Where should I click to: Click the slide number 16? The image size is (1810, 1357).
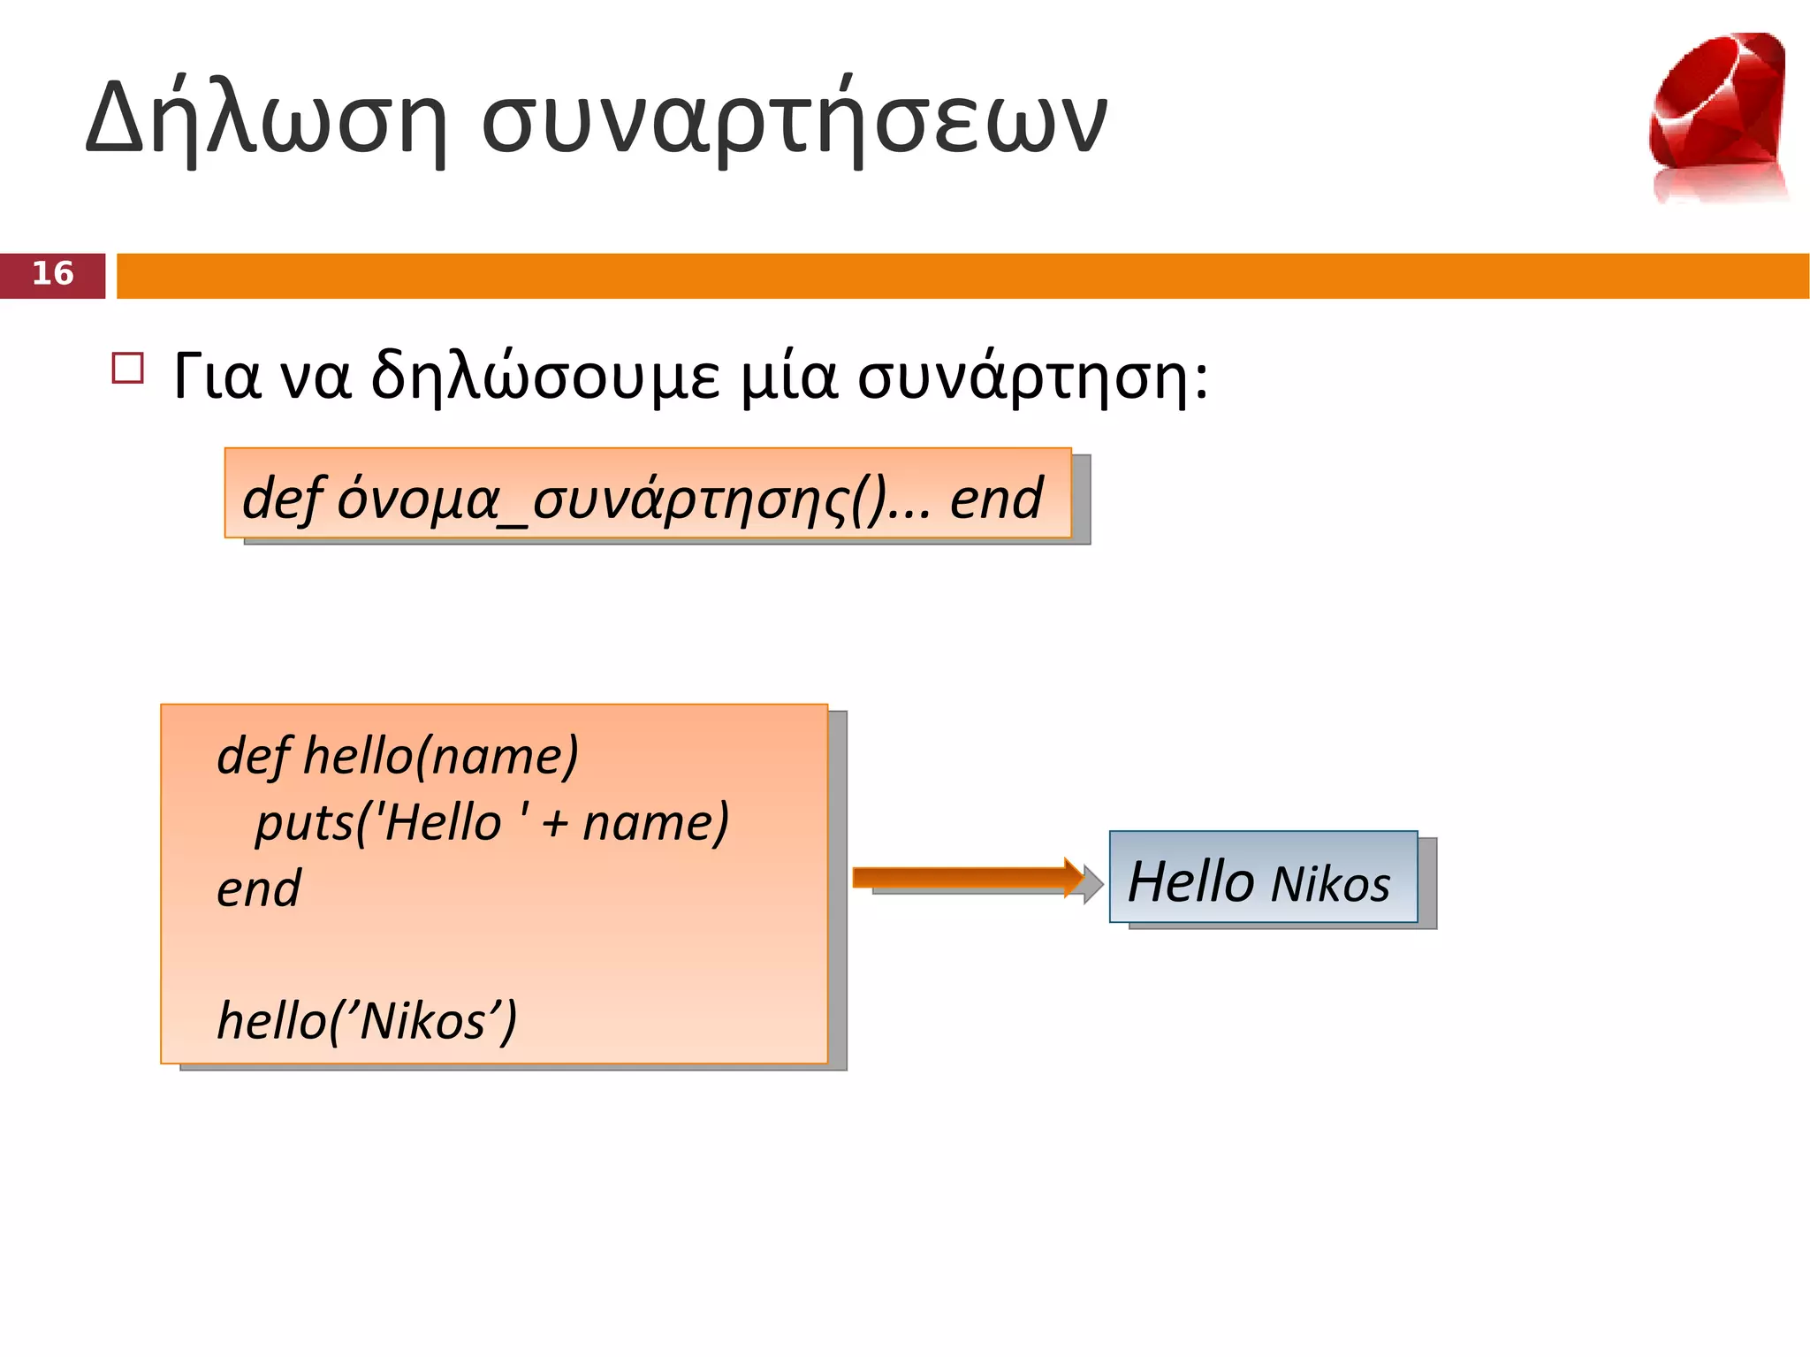(52, 274)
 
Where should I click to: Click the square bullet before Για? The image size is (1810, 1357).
(128, 368)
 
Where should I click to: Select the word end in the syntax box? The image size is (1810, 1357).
(996, 499)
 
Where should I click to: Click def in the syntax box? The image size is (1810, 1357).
(281, 499)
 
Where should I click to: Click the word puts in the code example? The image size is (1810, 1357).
(303, 822)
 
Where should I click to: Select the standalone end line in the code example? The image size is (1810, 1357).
(258, 888)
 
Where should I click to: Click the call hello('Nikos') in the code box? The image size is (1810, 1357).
(367, 1021)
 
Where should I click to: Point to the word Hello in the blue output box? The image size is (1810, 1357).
(1191, 881)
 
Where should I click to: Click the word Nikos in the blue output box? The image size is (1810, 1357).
(1331, 884)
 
